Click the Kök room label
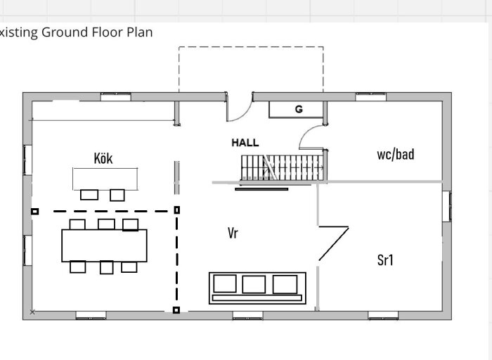(103, 158)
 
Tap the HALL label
(245, 143)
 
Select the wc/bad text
(395, 155)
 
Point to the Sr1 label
(385, 260)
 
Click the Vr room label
(233, 233)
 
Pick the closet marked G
(296, 110)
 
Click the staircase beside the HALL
(282, 167)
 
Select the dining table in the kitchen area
(104, 245)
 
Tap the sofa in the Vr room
(257, 288)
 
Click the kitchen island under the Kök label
(105, 179)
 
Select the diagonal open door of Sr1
(334, 243)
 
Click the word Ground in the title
(65, 32)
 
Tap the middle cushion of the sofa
(254, 284)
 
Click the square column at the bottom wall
(176, 310)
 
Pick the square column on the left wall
(35, 212)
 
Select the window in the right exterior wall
(447, 206)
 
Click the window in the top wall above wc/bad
(370, 96)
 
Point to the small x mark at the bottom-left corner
(32, 312)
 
